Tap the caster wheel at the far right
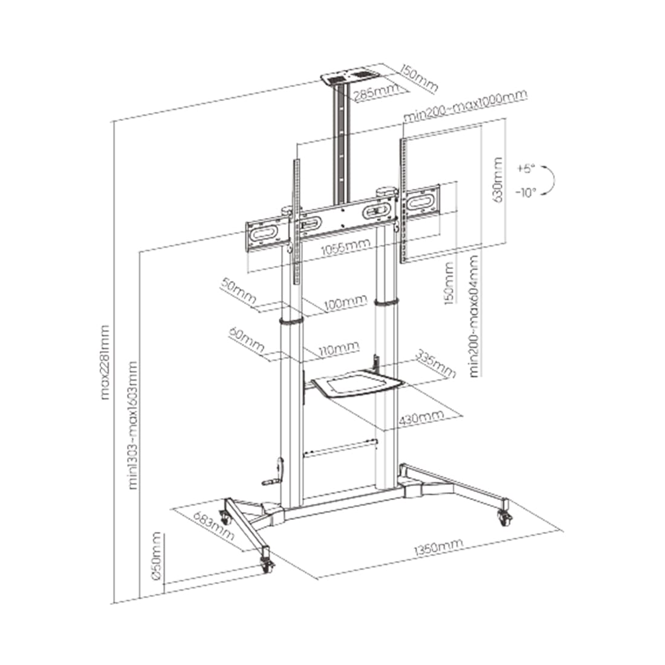(503, 516)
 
